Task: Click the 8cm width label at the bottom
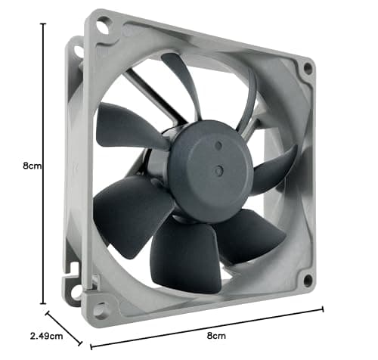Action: pyautogui.click(x=216, y=335)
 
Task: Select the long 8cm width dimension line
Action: pyautogui.click(x=208, y=327)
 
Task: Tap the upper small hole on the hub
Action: pyautogui.click(x=218, y=144)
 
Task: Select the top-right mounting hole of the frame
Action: pyautogui.click(x=308, y=68)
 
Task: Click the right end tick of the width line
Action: pyautogui.click(x=324, y=309)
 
